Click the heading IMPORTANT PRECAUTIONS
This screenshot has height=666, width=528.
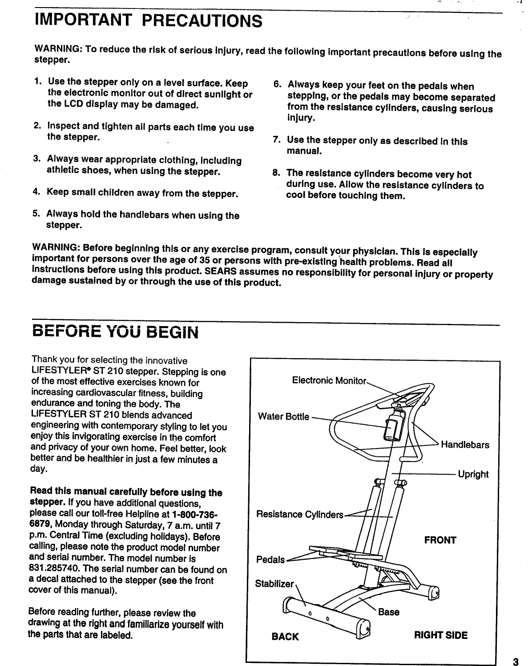click(x=149, y=20)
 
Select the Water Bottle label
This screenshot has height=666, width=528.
click(x=283, y=417)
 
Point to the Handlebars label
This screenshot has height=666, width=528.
click(x=465, y=445)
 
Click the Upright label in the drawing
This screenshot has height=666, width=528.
click(x=473, y=474)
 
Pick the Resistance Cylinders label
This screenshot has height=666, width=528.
click(x=300, y=515)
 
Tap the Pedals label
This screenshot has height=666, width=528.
click(x=270, y=559)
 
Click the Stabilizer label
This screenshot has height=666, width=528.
click(x=274, y=584)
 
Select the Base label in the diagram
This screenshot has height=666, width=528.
click(x=388, y=612)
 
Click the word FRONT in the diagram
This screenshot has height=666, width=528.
click(x=440, y=541)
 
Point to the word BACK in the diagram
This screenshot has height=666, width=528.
click(x=285, y=637)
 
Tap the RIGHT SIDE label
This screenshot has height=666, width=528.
click(x=441, y=635)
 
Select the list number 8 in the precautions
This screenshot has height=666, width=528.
click(x=276, y=173)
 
